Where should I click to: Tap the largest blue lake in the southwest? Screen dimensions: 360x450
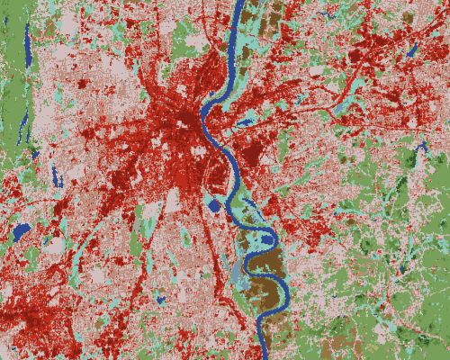coord(21,232)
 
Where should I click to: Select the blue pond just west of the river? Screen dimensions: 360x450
coord(214,206)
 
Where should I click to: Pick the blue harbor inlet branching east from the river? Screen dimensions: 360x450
coord(244,121)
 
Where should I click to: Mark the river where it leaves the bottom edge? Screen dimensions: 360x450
coord(262,356)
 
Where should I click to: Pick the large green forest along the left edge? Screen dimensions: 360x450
coord(11,90)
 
